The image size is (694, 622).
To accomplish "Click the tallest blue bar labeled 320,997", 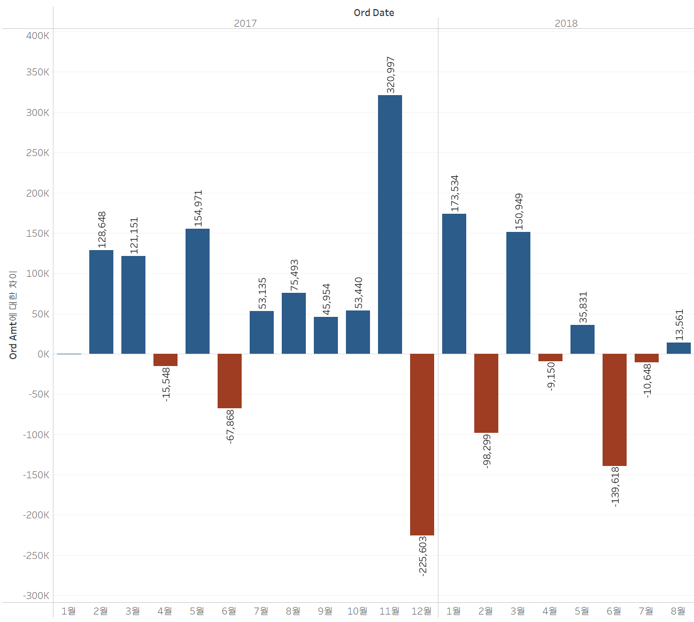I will [x=390, y=224].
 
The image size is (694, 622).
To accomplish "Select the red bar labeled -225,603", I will [x=422, y=444].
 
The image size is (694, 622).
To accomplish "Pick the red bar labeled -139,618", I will [x=614, y=410].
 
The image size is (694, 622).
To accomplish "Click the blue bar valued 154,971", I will [x=197, y=291].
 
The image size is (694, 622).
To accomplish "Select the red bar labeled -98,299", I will [x=486, y=393].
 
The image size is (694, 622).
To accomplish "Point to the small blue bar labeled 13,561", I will [x=678, y=348].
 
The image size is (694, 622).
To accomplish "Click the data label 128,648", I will [x=102, y=230].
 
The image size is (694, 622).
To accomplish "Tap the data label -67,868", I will [x=230, y=426].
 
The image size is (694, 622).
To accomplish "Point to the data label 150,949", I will [x=519, y=212].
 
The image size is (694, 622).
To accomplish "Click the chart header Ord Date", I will [x=374, y=13].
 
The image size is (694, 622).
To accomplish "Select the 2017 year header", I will [x=245, y=24].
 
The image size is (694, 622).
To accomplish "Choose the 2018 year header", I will [x=566, y=24].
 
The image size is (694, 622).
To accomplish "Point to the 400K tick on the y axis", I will [x=38, y=36].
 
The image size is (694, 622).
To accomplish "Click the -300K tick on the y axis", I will [x=36, y=596].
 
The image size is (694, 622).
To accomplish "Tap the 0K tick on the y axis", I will [x=43, y=354].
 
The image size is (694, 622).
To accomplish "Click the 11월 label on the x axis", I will [x=389, y=611].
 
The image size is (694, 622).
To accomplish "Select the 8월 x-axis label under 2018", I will [x=678, y=611].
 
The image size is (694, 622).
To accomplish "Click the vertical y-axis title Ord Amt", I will [x=13, y=315].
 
